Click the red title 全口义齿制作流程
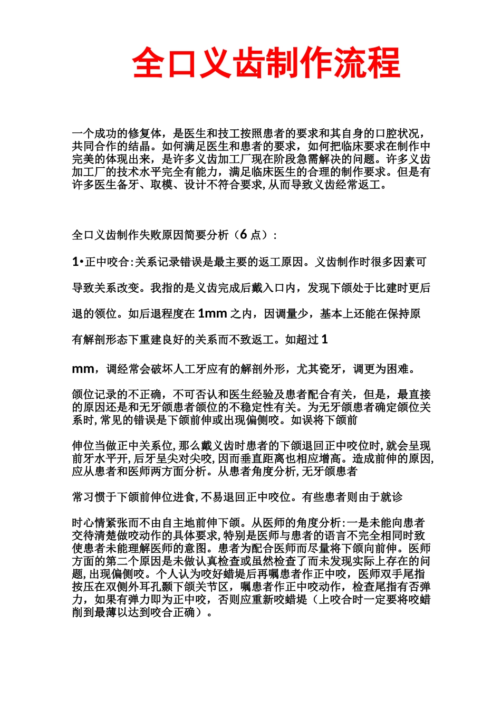tap(266, 63)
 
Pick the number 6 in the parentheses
tap(243, 235)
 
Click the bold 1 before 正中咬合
tap(75, 262)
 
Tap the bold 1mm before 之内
tap(212, 313)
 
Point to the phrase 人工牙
tap(185, 369)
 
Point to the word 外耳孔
tap(150, 587)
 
